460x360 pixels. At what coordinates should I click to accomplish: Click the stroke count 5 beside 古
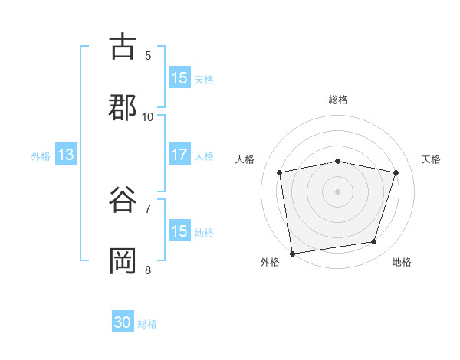[x=148, y=55]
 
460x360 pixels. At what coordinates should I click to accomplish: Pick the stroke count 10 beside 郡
[x=148, y=116]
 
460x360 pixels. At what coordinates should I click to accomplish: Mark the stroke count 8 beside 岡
[x=148, y=270]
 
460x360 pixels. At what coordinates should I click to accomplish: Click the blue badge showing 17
[x=179, y=155]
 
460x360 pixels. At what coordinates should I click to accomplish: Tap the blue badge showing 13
[x=66, y=155]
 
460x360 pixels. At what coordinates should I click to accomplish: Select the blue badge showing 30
[x=123, y=323]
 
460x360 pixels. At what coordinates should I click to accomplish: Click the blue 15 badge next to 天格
[x=179, y=78]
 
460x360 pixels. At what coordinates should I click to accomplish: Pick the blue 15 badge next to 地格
[x=179, y=231]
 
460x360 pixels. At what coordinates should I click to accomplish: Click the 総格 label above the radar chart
[x=338, y=100]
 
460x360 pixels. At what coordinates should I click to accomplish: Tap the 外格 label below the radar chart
[x=270, y=262]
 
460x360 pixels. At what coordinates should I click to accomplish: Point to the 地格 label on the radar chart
[x=402, y=262]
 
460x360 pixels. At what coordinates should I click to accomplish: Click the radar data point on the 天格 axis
[x=396, y=172]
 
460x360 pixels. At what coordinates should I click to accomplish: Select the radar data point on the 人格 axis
[x=280, y=172]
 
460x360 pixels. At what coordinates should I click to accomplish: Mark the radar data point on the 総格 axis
[x=338, y=161]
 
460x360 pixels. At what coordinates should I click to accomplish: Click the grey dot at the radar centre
[x=338, y=191]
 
